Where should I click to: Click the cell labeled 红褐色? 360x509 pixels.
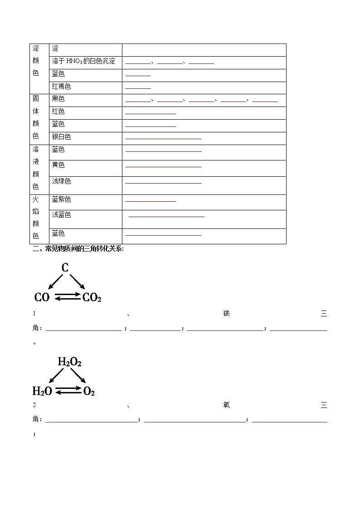tap(62, 87)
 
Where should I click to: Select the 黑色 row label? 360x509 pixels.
tap(58, 99)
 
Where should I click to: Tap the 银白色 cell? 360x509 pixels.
tap(62, 137)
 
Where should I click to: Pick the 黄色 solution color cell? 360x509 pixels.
tap(58, 165)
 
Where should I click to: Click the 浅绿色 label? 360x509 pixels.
tap(62, 181)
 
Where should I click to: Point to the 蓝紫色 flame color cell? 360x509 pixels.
tap(62, 199)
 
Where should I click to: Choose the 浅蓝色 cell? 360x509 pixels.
tap(62, 215)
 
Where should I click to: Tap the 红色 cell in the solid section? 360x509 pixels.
tap(58, 111)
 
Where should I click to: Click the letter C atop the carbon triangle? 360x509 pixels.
tap(65, 268)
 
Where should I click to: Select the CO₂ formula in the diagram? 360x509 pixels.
tap(92, 297)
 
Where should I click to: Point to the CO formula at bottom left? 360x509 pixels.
tap(42, 297)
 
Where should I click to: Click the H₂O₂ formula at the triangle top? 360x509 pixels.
tap(69, 362)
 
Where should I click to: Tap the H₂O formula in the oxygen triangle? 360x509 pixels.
tap(42, 391)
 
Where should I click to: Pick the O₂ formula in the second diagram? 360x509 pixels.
tap(89, 391)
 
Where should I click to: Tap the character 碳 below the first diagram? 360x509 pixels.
tap(227, 314)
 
